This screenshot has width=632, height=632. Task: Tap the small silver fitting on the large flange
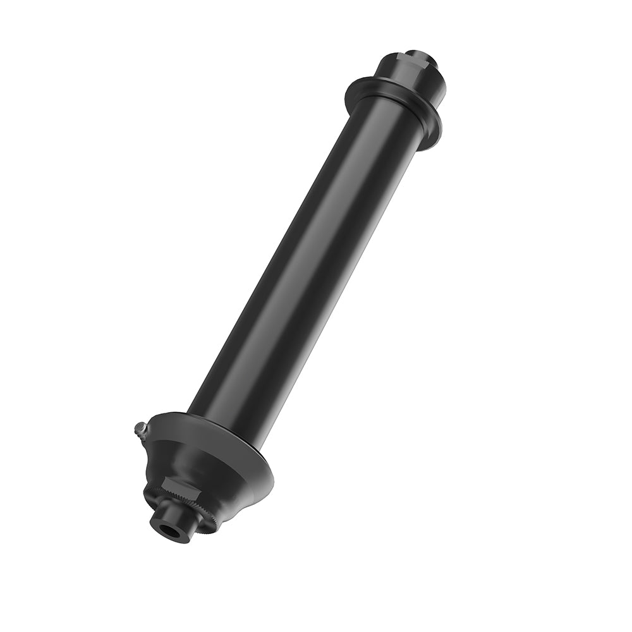coord(140,430)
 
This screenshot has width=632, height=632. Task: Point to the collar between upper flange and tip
coord(411,76)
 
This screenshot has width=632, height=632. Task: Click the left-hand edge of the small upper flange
coord(348,95)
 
